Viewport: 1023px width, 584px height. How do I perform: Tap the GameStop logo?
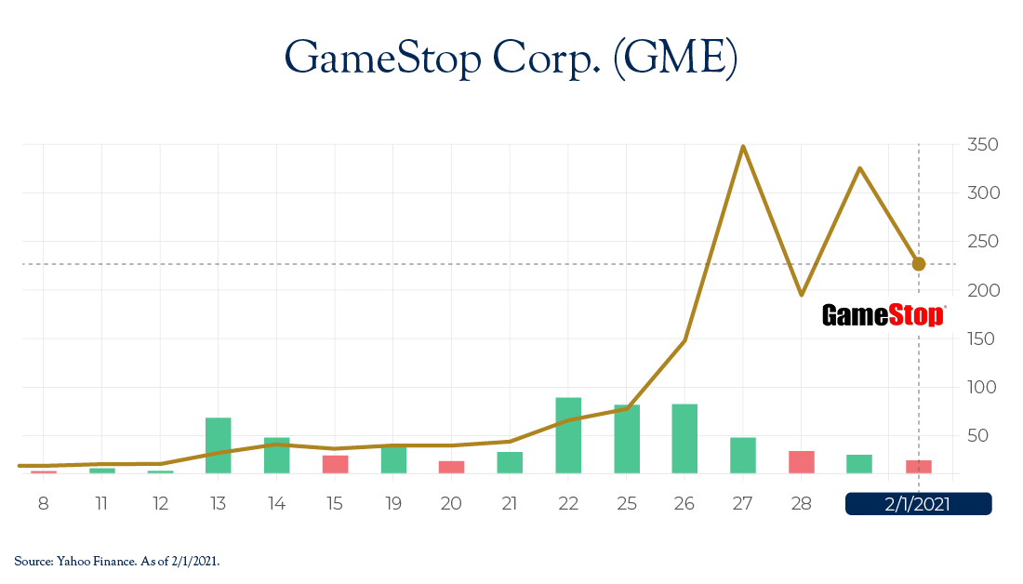[x=883, y=315]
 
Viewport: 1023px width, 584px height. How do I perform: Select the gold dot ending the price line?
[x=919, y=264]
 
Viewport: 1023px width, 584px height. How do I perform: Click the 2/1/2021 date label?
[x=918, y=504]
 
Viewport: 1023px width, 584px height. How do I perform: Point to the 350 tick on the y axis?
[x=983, y=145]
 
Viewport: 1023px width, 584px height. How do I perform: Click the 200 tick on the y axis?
[x=983, y=290]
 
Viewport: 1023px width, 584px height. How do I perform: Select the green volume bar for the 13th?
[x=219, y=446]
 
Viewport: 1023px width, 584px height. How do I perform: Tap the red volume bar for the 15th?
[x=335, y=464]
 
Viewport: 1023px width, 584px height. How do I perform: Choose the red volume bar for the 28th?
[x=802, y=462]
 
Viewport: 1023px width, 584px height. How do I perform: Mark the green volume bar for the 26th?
[x=684, y=439]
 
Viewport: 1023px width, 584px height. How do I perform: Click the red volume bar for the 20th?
[x=451, y=467]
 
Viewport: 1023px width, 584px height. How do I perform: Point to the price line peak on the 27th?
[x=743, y=146]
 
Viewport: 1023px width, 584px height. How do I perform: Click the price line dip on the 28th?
[x=802, y=295]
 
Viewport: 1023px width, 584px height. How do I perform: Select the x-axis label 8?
[x=43, y=504]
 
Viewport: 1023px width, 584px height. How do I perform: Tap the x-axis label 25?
[x=626, y=504]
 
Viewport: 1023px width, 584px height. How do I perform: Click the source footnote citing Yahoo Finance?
[x=117, y=560]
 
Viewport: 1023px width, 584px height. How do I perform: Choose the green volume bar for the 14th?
[x=276, y=456]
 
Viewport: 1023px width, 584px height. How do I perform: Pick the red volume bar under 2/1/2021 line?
[x=919, y=467]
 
